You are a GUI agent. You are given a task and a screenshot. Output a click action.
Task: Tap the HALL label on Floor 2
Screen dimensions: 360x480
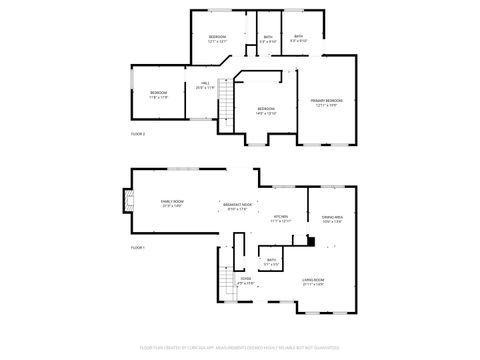point(204,84)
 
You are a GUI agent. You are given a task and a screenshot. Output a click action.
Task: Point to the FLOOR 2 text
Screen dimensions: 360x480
point(138,133)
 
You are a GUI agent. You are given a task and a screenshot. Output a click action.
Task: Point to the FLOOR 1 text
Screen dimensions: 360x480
point(138,247)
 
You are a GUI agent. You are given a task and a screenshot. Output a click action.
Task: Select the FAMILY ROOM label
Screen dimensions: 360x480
point(172,202)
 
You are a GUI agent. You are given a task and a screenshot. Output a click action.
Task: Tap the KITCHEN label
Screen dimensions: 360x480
point(281,216)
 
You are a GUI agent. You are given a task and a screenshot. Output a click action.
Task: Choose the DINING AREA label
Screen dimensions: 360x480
point(332,217)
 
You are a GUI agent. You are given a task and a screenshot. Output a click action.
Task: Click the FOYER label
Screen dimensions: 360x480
point(245,280)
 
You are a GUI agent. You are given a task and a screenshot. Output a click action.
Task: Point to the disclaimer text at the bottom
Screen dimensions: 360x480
point(240,347)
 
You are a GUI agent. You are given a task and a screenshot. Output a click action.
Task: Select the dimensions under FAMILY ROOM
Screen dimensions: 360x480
point(172,206)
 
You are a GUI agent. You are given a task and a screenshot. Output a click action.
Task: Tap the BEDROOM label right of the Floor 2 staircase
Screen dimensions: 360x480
point(266,108)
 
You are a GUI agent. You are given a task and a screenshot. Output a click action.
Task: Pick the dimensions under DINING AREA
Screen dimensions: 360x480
point(332,221)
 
